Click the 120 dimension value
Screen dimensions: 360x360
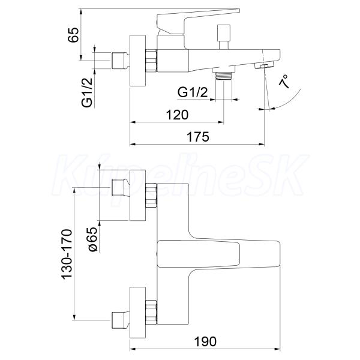177,115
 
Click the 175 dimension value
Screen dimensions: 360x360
198,137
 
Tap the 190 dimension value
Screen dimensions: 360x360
205,341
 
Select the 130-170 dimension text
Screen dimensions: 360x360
67,254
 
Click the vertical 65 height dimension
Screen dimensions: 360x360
73,35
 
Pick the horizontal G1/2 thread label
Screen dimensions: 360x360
193,92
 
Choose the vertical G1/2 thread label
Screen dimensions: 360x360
87,92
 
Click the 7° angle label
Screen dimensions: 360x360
284,82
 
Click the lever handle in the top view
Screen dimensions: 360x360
218,254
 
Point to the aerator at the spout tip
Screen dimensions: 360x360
263,66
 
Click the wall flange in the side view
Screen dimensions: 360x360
138,61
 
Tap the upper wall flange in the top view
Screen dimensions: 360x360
138,196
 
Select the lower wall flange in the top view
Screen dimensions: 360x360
138,313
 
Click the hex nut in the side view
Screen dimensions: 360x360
151,61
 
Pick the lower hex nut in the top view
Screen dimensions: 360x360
151,312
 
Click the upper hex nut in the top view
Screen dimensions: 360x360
151,194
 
